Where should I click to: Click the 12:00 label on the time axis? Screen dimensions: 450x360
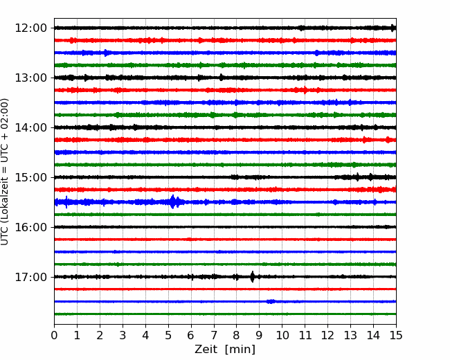[30, 28]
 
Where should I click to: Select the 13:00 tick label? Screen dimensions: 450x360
[30, 78]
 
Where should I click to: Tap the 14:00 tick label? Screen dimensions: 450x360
[30, 127]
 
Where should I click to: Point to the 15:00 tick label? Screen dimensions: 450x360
[30, 177]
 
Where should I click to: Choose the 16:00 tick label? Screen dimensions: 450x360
[30, 227]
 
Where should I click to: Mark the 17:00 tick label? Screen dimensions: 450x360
[30, 277]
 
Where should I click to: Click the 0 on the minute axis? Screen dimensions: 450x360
[54, 335]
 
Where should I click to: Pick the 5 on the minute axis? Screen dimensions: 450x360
[168, 335]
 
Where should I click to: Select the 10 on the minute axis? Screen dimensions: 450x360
[282, 335]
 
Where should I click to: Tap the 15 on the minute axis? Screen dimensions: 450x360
[396, 335]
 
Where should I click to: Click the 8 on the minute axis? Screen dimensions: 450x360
[237, 335]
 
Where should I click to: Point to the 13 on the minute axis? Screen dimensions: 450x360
[350, 335]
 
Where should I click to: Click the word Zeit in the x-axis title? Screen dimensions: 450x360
[207, 349]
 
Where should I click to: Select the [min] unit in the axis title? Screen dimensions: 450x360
[240, 350]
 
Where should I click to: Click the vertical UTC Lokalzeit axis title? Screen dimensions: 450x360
[5, 172]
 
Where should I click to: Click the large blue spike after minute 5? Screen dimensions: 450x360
[173, 201]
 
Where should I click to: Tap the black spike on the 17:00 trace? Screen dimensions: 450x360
[252, 277]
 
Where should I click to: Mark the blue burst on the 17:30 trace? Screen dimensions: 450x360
[271, 301]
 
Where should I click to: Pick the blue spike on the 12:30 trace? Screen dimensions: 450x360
[106, 53]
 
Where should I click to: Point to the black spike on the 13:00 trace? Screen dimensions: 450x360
[221, 78]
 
